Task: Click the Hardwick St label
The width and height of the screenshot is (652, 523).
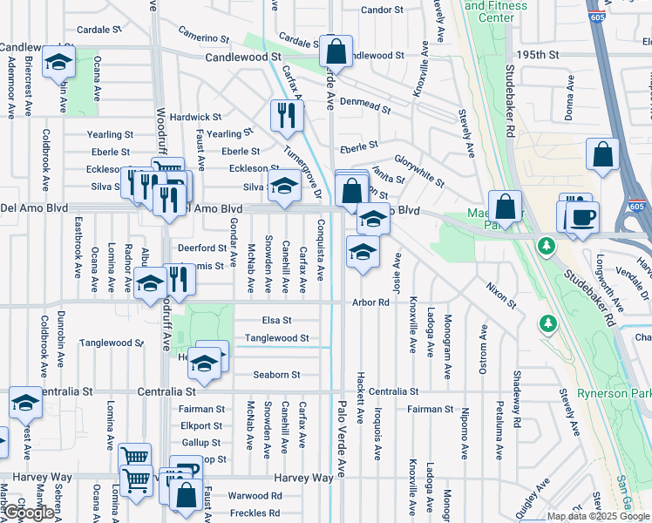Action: (x=195, y=117)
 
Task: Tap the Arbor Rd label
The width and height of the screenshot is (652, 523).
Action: (x=370, y=302)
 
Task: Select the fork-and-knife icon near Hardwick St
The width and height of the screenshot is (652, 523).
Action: (x=285, y=114)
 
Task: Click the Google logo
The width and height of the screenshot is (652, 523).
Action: (x=28, y=513)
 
